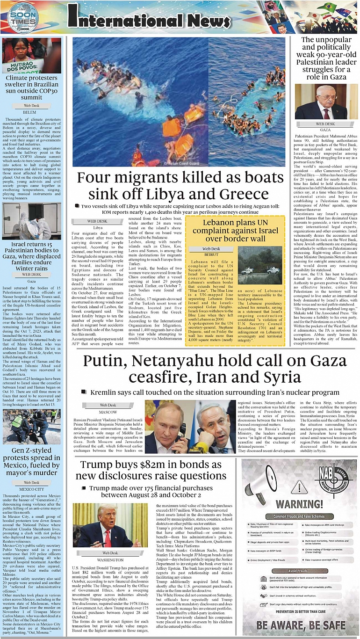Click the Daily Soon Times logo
pos(23,18)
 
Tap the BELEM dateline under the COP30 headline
pos(30,112)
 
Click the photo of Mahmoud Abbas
pos(321,102)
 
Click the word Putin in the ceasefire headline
pos(107,361)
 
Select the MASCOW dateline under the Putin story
pos(108,412)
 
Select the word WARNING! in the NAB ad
pos(299,504)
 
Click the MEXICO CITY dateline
pos(31,489)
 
